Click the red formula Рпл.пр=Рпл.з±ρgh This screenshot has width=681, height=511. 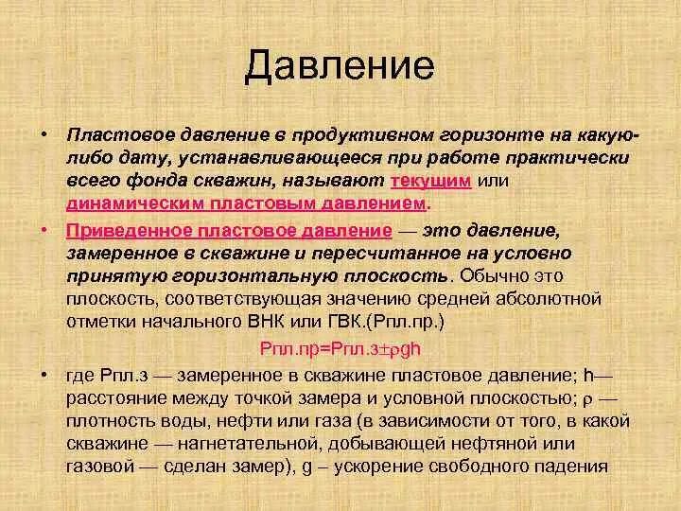coord(340,348)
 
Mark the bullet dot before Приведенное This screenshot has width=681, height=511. coord(44,232)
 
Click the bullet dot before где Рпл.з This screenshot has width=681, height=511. coord(44,375)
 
